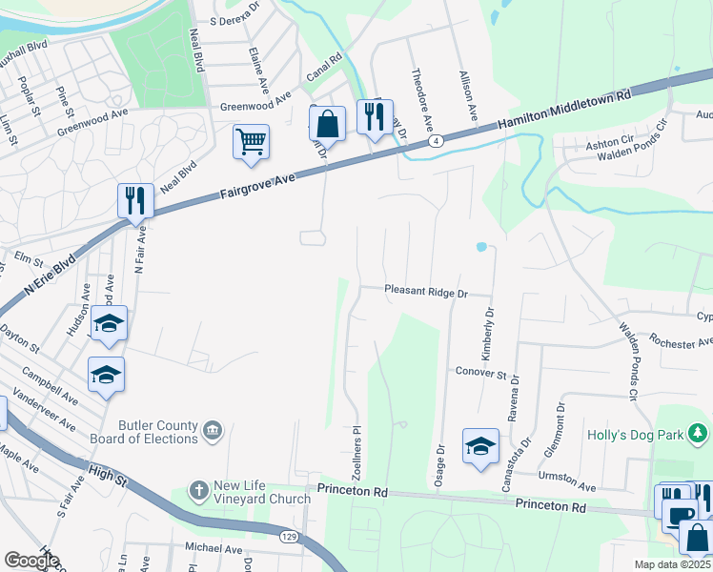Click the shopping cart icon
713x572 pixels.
251,143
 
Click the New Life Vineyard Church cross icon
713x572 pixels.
199,490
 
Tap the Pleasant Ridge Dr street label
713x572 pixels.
427,292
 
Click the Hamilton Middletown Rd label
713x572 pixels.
565,110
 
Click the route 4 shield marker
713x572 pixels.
435,141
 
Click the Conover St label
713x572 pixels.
479,372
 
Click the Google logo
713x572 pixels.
32,561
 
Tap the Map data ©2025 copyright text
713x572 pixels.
671,564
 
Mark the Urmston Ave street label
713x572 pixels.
568,478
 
